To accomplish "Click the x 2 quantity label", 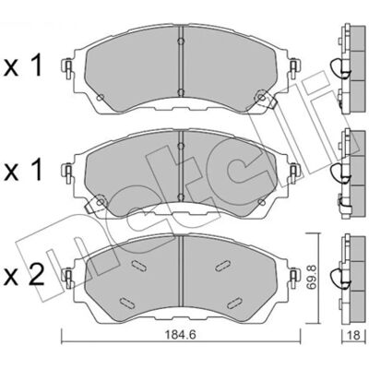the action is click(24, 274).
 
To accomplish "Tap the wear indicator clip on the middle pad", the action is click(96, 204).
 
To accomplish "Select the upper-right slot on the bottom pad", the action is click(222, 265).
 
